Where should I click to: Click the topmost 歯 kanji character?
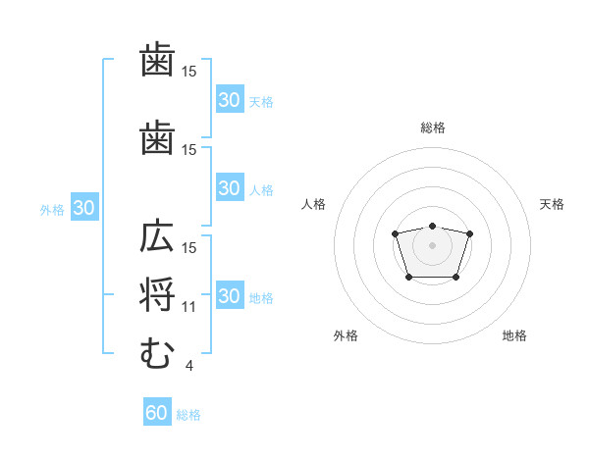pos(157,59)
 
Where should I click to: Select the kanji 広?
pos(157,235)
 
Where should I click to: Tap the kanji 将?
pos(157,294)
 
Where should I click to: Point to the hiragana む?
pos(157,353)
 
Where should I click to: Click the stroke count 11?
pos(188,307)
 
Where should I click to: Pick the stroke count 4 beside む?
pos(188,366)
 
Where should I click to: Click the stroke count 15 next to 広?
pos(188,248)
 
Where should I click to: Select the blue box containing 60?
pos(157,411)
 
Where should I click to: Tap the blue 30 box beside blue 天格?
pos(231,99)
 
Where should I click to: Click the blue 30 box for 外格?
pos(84,207)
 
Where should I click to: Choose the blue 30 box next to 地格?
pos(231,294)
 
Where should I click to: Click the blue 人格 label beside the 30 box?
pos(261,190)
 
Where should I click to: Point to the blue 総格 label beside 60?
pos(188,415)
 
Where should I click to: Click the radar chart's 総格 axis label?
pos(433,128)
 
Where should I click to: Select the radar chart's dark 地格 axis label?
pos(514,335)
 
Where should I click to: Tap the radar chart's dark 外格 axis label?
pos(346,335)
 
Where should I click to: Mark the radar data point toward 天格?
pos(469,233)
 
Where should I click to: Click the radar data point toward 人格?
pos(395,233)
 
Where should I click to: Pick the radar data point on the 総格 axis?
pos(432,226)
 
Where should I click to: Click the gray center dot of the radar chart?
pos(432,245)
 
